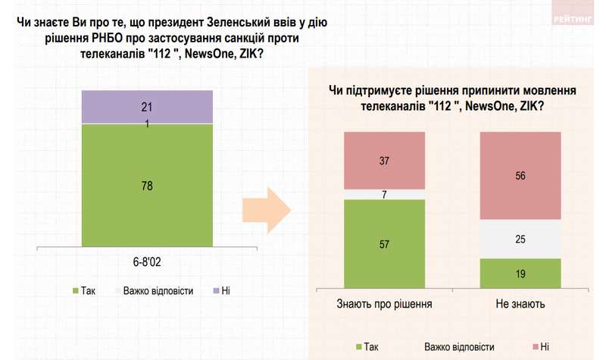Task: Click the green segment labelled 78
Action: (x=147, y=186)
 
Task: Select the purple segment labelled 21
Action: (x=147, y=107)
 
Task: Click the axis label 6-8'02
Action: (x=147, y=261)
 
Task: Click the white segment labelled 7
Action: (x=384, y=194)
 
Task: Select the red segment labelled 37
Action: (x=384, y=161)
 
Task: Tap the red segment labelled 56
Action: (x=521, y=176)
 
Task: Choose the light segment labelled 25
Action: (x=521, y=239)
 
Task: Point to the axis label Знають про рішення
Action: (x=384, y=305)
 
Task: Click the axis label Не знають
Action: (x=521, y=305)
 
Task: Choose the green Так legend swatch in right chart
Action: (x=358, y=347)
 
